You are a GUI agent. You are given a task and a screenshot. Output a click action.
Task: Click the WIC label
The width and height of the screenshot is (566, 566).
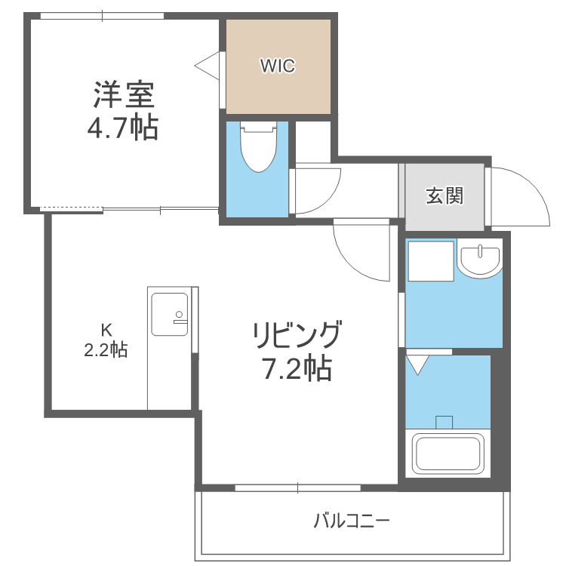pyautogui.click(x=278, y=66)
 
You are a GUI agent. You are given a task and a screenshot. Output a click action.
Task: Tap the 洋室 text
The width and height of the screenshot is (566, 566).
pyautogui.click(x=124, y=95)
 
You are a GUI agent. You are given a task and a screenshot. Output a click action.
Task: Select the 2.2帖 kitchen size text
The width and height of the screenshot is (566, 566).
pyautogui.click(x=106, y=349)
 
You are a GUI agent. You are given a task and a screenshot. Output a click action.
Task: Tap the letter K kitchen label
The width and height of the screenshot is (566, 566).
pyautogui.click(x=106, y=330)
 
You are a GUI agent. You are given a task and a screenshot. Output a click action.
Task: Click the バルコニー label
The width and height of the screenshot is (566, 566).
pyautogui.click(x=351, y=521)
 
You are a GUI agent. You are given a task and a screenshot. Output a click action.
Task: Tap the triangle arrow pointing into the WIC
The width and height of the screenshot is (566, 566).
pyautogui.click(x=207, y=66)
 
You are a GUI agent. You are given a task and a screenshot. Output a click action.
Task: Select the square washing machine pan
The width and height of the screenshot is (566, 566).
pyautogui.click(x=431, y=261)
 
